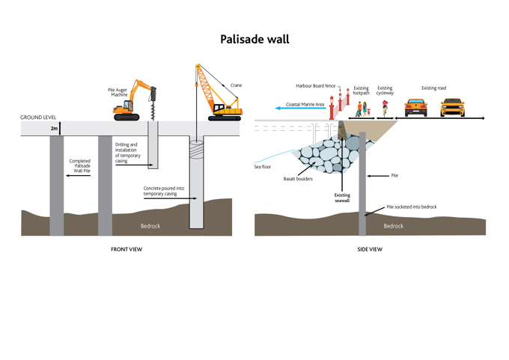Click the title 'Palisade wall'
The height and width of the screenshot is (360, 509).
pyautogui.click(x=254, y=39)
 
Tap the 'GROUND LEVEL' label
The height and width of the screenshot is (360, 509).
pyautogui.click(x=37, y=118)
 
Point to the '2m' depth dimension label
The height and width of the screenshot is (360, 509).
pyautogui.click(x=54, y=129)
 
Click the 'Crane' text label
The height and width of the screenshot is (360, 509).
pyautogui.click(x=237, y=85)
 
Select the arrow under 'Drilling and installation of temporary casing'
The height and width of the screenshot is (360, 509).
pyautogui.click(x=132, y=164)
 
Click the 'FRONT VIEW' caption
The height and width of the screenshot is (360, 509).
pyautogui.click(x=127, y=249)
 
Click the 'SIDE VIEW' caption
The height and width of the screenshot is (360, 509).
pyautogui.click(x=370, y=249)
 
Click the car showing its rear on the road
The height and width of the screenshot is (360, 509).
pyautogui.click(x=416, y=107)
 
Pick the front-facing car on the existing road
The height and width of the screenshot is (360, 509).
pyautogui.click(x=452, y=107)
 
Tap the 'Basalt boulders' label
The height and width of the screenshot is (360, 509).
pyautogui.click(x=298, y=179)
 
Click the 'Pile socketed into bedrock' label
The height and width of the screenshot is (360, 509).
pyautogui.click(x=411, y=207)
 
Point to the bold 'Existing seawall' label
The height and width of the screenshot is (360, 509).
pyautogui.click(x=342, y=198)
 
